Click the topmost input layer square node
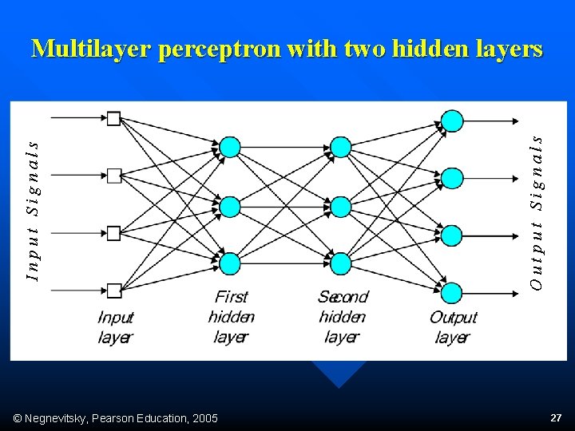pyautogui.click(x=113, y=119)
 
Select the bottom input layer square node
pyautogui.click(x=113, y=290)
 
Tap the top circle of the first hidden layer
pyautogui.click(x=230, y=147)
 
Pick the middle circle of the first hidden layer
pyautogui.click(x=230, y=207)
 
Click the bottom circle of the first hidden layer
pyautogui.click(x=230, y=263)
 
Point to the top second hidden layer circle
pyautogui.click(x=341, y=147)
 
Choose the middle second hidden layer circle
pyautogui.click(x=341, y=207)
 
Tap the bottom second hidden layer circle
pyautogui.click(x=341, y=263)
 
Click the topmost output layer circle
pyautogui.click(x=452, y=121)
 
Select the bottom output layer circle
pyautogui.click(x=452, y=293)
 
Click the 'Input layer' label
pyautogui.click(x=115, y=327)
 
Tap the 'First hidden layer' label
pyautogui.click(x=231, y=317)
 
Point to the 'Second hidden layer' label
pyautogui.click(x=343, y=317)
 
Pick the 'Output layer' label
pyautogui.click(x=453, y=327)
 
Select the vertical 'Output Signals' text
pyautogui.click(x=537, y=211)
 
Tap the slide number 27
pyautogui.click(x=556, y=417)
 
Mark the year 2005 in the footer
pyautogui.click(x=204, y=417)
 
